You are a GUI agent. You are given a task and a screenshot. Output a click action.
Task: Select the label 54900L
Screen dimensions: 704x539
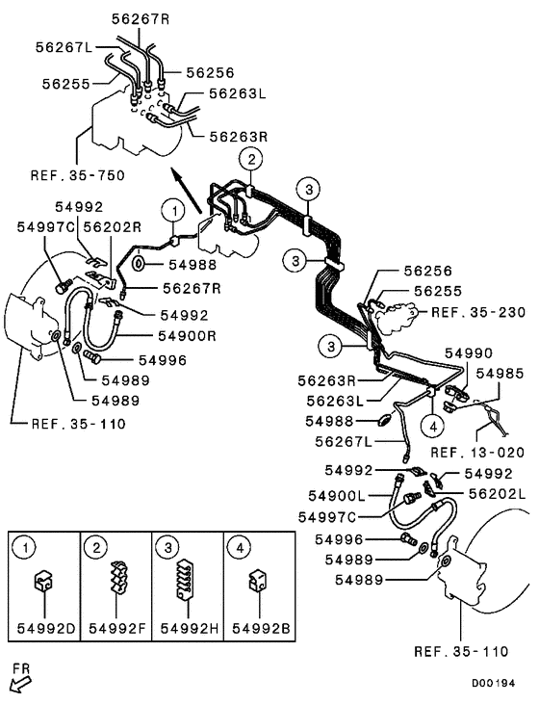coord(336,494)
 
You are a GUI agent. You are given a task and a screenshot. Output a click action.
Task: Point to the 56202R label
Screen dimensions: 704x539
coord(112,226)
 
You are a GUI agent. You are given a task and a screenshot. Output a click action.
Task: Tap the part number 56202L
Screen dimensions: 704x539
coord(499,493)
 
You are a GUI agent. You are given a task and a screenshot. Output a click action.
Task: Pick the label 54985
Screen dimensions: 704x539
coord(500,372)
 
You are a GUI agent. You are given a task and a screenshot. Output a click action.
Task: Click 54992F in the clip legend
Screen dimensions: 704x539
coord(116,629)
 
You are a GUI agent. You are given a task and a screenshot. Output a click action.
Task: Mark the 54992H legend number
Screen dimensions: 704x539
coord(188,629)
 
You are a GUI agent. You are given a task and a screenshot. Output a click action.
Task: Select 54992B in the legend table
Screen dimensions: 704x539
coord(259,629)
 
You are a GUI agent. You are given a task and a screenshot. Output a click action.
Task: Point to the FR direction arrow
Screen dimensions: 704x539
coord(19,682)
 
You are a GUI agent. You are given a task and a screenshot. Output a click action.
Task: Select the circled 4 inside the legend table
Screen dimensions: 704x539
coord(236,548)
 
